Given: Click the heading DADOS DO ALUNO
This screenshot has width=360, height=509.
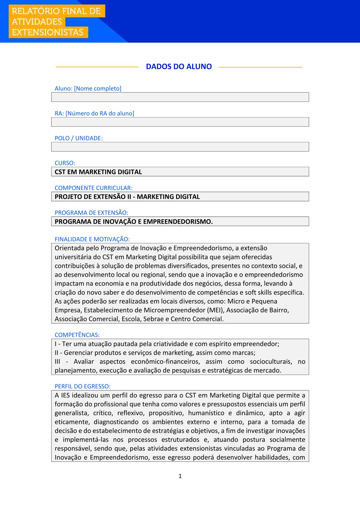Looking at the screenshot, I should (179, 67).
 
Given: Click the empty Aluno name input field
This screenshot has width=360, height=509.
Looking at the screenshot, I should (180, 97).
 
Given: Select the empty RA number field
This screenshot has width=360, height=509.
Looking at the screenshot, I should (180, 122).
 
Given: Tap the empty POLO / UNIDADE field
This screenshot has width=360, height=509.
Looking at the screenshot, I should (180, 147).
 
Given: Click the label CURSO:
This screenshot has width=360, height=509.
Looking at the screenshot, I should (65, 163).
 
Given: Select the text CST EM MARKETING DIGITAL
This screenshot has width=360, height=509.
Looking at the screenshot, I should (98, 172).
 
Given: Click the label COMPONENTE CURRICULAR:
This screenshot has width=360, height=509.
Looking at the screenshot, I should (93, 188).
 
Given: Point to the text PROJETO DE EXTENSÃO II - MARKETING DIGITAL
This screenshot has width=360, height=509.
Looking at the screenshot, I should (127, 197).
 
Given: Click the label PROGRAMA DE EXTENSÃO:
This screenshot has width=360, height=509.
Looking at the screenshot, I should (91, 213).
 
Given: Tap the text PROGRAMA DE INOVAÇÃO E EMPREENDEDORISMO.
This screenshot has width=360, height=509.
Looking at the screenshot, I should (133, 221).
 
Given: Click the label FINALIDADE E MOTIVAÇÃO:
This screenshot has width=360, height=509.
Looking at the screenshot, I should (92, 239).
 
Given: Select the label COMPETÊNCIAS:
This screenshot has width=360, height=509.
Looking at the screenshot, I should (77, 335).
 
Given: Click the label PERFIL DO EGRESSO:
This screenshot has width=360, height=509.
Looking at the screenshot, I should (83, 386).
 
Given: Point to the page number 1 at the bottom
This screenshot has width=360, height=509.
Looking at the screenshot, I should (180, 476).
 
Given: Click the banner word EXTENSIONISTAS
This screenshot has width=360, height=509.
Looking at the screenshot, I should (47, 32).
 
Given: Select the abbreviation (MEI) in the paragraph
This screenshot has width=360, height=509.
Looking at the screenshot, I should (215, 310).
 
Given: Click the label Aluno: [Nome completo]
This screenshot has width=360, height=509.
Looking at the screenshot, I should (88, 88).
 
